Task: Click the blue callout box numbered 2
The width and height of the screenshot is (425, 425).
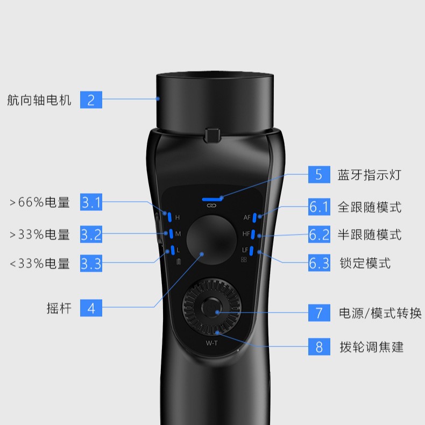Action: click(x=91, y=100)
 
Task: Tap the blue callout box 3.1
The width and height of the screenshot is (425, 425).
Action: click(x=91, y=202)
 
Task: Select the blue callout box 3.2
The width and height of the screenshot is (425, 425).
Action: click(x=91, y=235)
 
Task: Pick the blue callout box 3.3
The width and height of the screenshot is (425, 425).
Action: click(x=91, y=264)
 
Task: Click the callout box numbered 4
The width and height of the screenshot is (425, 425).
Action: click(x=91, y=308)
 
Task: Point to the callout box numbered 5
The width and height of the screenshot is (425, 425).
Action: click(x=319, y=175)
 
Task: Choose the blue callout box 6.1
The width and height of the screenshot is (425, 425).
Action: click(x=319, y=207)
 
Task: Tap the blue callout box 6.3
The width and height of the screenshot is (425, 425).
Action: click(x=319, y=263)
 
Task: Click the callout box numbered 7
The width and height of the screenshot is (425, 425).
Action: click(x=319, y=313)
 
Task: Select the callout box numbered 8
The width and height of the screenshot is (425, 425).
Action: click(x=319, y=347)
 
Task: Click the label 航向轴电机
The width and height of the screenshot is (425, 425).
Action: click(x=39, y=100)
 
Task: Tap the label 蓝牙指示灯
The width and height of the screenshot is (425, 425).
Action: click(x=369, y=175)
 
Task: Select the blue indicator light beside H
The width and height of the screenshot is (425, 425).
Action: click(x=169, y=217)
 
